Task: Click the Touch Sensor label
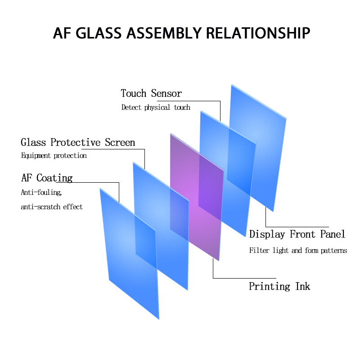[x=151, y=94]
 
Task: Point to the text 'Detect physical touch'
[x=156, y=108]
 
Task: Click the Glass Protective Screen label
[x=78, y=143]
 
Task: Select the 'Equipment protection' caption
[x=54, y=156]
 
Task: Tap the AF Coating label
[x=47, y=178]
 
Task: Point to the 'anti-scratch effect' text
[x=52, y=207]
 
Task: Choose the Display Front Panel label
[x=297, y=234]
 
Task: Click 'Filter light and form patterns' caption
[x=298, y=251]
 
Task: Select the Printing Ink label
[x=279, y=286]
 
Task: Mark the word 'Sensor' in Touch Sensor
[x=166, y=94]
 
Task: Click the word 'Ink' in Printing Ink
[x=302, y=286]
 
